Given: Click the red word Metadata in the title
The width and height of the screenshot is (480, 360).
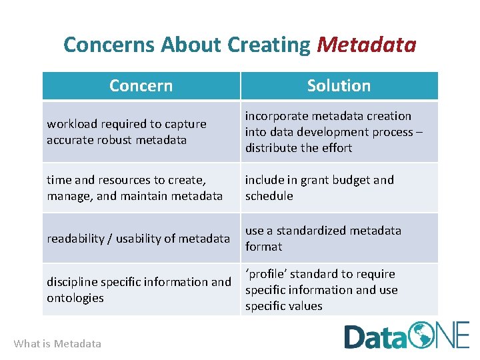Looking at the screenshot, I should point(366,45).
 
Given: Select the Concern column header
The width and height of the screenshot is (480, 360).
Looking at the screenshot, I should point(141,85).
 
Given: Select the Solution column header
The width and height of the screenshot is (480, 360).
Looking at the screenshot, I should point(339,85).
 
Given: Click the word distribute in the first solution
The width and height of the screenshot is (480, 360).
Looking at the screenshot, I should point(270,148).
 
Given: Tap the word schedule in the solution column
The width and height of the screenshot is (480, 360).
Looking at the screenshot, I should point(269,196).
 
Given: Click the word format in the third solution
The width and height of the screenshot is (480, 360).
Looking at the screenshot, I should point(263,247).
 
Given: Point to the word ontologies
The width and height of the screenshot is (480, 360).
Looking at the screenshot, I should point(75,298).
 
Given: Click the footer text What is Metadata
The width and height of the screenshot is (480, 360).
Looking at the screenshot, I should point(57,344).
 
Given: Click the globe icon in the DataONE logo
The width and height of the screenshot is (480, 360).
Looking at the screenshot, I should point(422,335).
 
